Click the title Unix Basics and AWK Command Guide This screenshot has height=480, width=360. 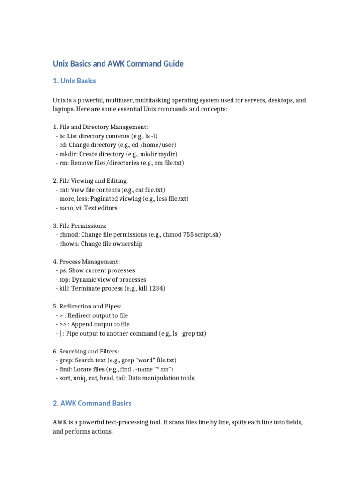click(x=118, y=64)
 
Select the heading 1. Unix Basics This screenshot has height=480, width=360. click(x=75, y=81)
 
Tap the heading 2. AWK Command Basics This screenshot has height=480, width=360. click(x=92, y=403)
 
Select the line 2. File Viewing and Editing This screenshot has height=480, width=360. click(x=90, y=181)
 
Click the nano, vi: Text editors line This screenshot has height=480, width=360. click(x=86, y=208)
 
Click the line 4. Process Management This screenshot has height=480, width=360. click(x=87, y=262)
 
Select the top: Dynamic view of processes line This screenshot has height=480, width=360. click(x=100, y=279)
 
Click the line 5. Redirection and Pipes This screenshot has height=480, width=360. click(x=88, y=307)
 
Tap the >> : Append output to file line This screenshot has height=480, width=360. click(x=92, y=324)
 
